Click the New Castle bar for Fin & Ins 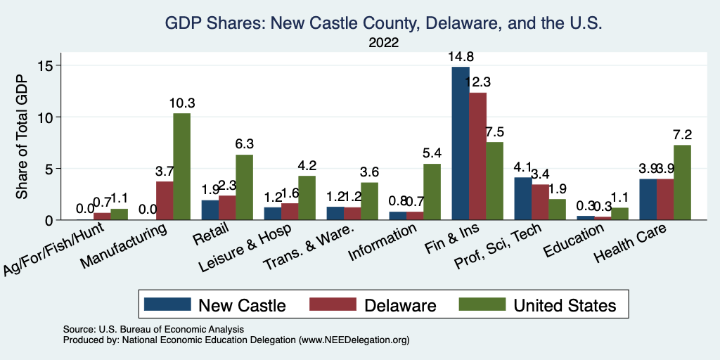tap(461, 143)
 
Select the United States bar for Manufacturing tap(181, 167)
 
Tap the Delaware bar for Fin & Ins tap(478, 156)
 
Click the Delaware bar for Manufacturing tap(165, 200)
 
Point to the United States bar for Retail tap(244, 187)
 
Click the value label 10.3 tap(181, 103)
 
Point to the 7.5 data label tap(495, 132)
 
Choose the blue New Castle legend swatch tap(167, 304)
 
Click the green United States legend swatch tap(482, 304)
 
